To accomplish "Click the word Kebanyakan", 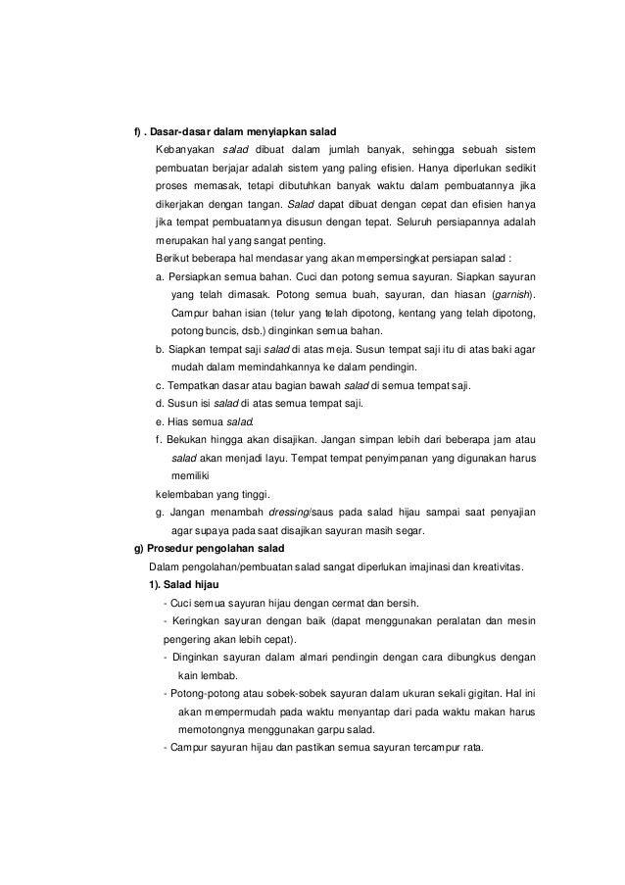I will pos(183,150).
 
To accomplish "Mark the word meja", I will pos(339,349).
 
